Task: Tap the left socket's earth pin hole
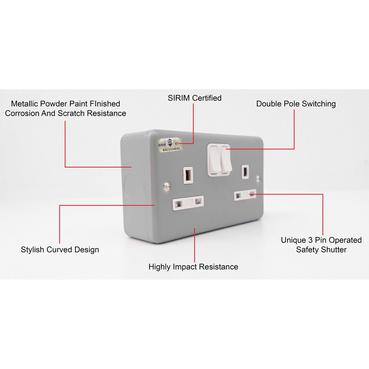click(x=188, y=175)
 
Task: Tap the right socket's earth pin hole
click(x=245, y=171)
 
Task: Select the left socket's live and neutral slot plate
click(x=188, y=202)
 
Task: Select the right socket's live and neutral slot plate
click(x=245, y=195)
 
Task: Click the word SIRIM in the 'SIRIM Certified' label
click(x=179, y=98)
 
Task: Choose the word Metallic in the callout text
click(x=26, y=104)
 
